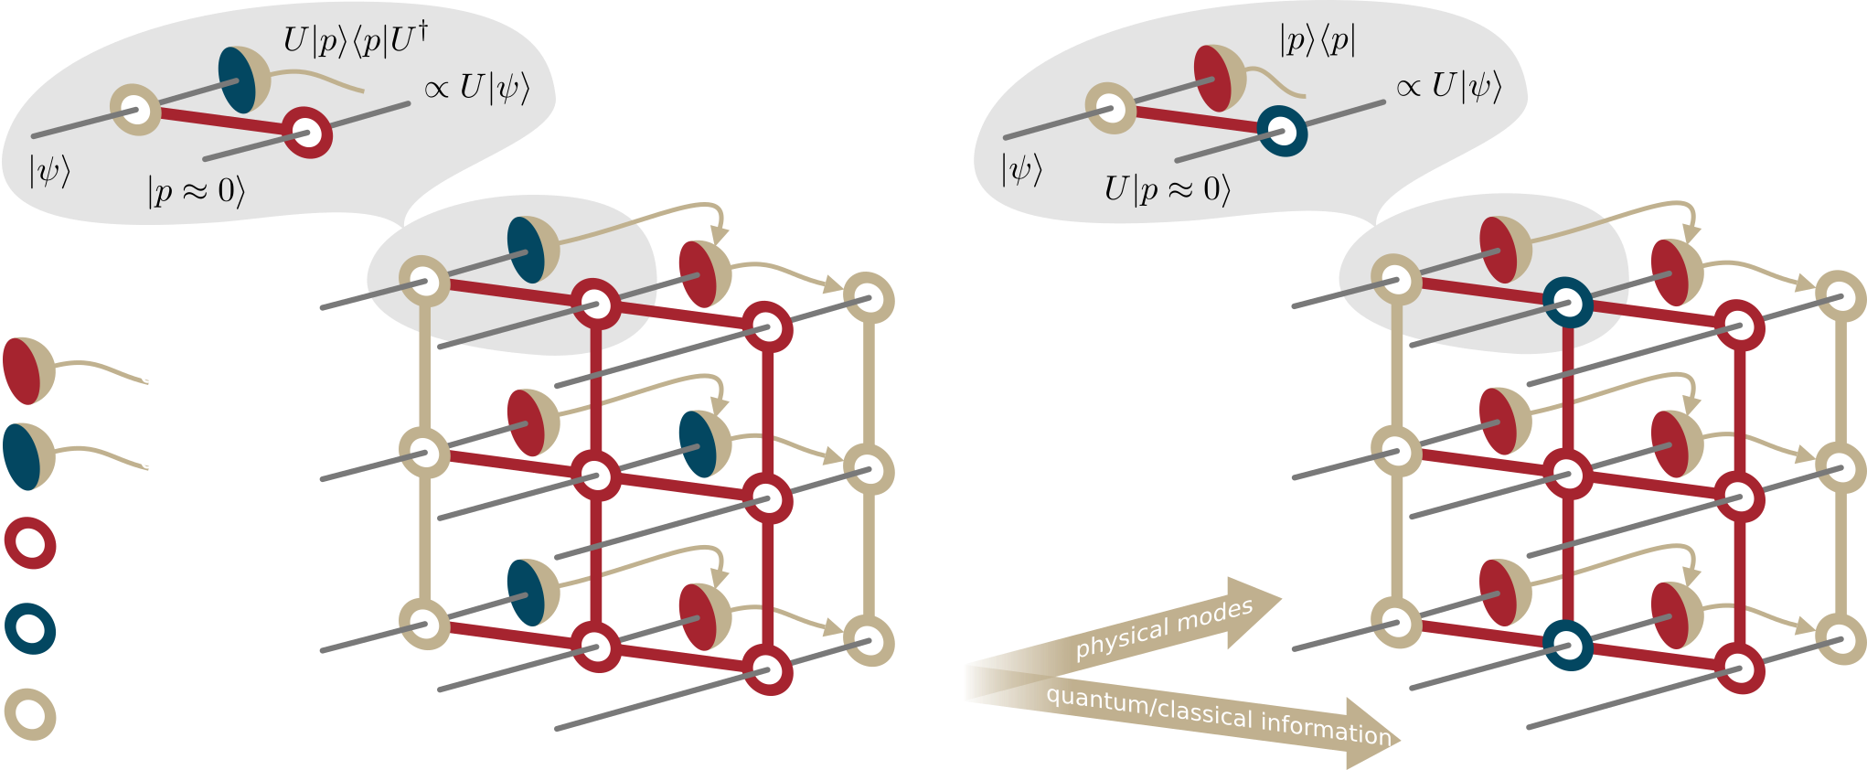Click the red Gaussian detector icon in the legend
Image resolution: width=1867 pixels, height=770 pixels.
click(28, 370)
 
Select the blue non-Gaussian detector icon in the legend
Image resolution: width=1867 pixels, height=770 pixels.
click(28, 455)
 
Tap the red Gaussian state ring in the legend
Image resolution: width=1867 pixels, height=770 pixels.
click(30, 543)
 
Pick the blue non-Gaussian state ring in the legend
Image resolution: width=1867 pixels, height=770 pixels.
click(30, 628)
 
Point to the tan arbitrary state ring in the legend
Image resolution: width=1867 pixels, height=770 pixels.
click(30, 714)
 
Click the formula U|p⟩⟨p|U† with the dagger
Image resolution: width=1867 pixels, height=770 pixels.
click(355, 41)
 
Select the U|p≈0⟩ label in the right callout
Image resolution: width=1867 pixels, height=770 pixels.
click(1167, 189)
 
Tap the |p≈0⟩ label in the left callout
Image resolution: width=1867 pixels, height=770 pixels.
click(196, 191)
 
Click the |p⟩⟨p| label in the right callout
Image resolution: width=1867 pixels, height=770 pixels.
click(1318, 41)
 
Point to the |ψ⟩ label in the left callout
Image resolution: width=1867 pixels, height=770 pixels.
click(49, 171)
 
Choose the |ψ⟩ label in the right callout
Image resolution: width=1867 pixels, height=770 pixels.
click(1021, 169)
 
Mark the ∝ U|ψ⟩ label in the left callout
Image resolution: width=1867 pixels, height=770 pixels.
click(476, 88)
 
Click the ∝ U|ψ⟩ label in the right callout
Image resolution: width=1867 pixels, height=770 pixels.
click(1448, 86)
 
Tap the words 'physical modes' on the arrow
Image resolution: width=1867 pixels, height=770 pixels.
click(1163, 628)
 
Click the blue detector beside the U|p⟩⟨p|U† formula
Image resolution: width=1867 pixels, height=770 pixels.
click(241, 80)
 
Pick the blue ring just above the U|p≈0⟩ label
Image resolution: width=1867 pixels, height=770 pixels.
click(1282, 133)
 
